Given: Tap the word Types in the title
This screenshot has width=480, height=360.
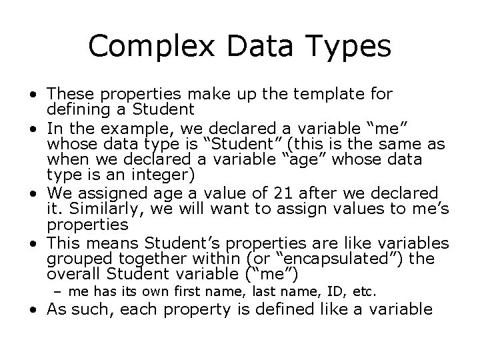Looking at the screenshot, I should click(x=351, y=46).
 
